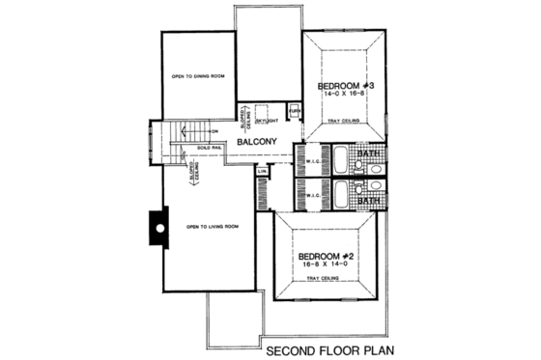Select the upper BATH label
coord(366,152)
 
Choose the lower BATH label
coord(366,202)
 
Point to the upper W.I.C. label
coord(312,160)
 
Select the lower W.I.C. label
coord(312,192)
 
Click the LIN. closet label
coord(262,173)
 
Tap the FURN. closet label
coord(295,111)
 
